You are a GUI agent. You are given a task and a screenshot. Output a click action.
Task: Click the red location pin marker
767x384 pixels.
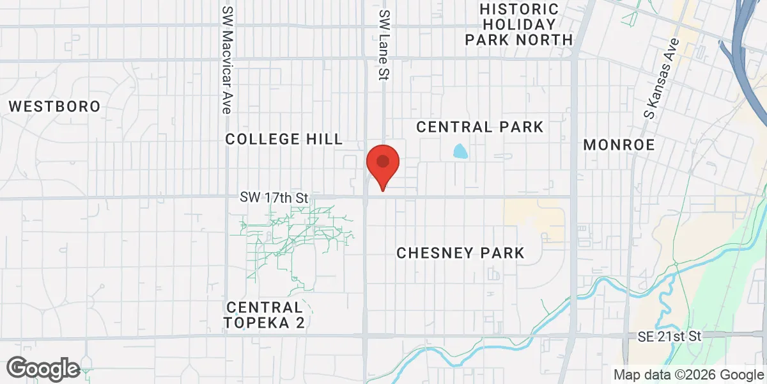(x=383, y=164)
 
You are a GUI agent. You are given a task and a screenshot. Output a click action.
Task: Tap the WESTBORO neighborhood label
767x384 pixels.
(x=55, y=106)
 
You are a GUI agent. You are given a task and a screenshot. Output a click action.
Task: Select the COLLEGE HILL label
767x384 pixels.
(x=284, y=140)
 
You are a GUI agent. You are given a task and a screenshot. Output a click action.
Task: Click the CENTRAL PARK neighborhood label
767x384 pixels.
(x=479, y=127)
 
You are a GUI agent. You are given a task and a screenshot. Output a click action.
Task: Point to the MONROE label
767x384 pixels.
(x=619, y=145)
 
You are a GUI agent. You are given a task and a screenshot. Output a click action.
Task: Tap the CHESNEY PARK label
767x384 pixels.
(x=460, y=253)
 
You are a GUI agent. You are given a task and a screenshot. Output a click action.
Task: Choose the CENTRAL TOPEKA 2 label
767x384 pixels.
(x=265, y=315)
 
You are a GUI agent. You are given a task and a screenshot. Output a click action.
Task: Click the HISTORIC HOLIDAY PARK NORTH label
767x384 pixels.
(x=518, y=25)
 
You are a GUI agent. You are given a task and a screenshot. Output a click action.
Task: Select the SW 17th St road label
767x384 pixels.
(x=274, y=198)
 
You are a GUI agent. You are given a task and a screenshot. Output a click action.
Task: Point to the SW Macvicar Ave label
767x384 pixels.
(x=227, y=60)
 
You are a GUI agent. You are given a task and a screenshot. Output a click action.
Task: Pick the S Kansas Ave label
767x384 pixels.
(x=660, y=80)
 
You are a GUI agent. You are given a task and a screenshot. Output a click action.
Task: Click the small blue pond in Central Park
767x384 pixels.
(x=460, y=152)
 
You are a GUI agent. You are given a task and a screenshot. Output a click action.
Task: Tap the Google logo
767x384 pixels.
(x=43, y=369)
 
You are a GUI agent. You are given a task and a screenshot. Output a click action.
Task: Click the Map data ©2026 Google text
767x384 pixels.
(x=688, y=374)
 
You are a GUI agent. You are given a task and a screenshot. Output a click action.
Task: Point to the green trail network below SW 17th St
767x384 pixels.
(x=294, y=234)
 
